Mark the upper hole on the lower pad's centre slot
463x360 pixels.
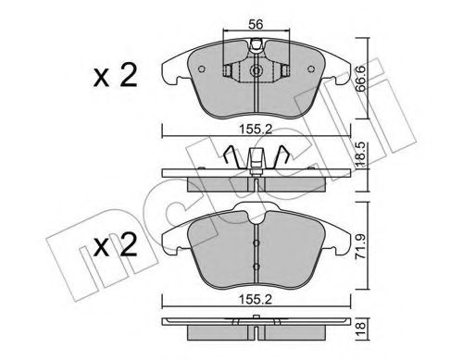point(255,242)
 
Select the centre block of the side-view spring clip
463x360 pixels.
point(254,168)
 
